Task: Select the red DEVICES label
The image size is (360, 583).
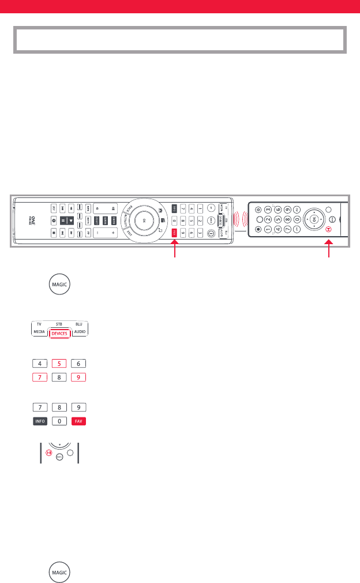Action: click(59, 334)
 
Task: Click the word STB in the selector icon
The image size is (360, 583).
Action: click(59, 325)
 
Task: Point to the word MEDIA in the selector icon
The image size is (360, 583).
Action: click(39, 333)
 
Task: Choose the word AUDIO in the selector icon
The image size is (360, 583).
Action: click(79, 333)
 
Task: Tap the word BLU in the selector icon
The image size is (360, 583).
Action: click(79, 325)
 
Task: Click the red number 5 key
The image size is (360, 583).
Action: click(59, 364)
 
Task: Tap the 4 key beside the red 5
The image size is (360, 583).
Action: click(40, 364)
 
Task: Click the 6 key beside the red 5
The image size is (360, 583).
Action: click(79, 364)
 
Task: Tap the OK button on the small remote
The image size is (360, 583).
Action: click(314, 219)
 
